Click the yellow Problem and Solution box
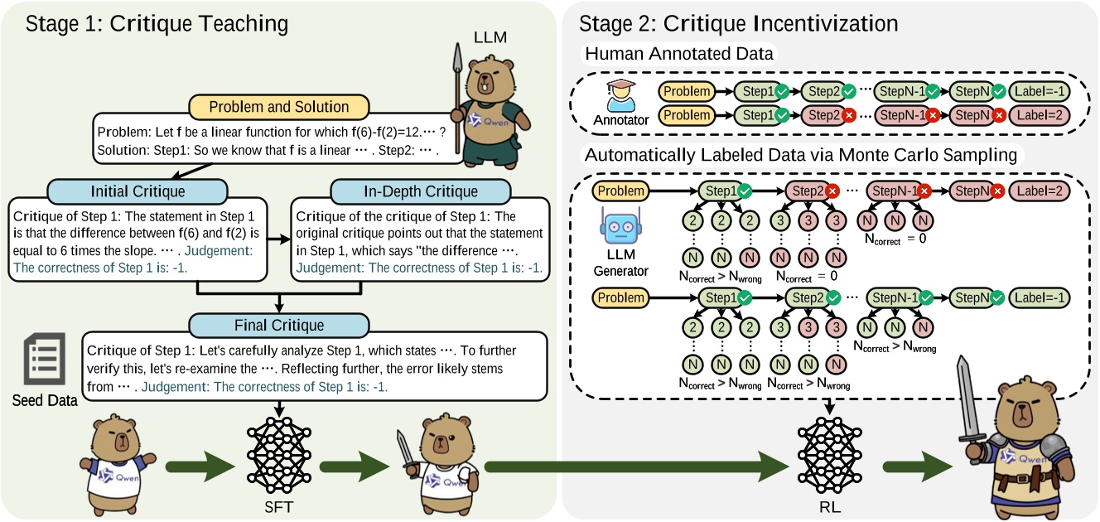[x=278, y=107]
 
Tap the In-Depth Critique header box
[x=395, y=191]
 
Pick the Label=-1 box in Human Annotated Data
[x=1040, y=91]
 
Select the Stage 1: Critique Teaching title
[x=157, y=22]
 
